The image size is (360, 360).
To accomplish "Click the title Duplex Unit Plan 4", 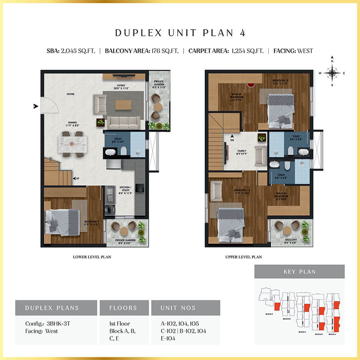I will [180, 32].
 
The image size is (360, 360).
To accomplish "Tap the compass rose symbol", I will [332, 73].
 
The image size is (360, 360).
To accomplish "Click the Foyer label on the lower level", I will [70, 94].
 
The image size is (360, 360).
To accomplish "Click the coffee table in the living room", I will [123, 105].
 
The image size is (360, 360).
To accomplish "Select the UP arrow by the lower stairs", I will [76, 178].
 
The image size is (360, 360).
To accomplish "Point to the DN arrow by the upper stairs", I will [232, 140].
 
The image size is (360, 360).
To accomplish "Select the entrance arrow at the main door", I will [36, 106].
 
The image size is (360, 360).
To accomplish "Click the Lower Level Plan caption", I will [92, 257].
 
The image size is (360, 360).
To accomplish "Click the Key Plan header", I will [299, 272].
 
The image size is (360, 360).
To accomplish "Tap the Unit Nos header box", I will [185, 308].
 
